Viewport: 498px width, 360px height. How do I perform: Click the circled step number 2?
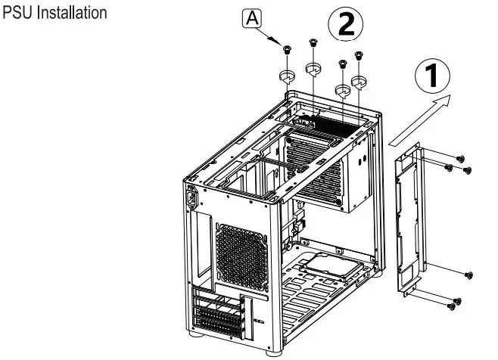(343, 26)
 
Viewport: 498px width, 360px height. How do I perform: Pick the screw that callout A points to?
(287, 50)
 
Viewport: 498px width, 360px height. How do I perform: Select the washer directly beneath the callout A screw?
(287, 76)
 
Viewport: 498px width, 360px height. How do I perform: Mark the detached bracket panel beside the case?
(409, 219)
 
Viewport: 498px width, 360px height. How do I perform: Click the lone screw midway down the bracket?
(468, 274)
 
